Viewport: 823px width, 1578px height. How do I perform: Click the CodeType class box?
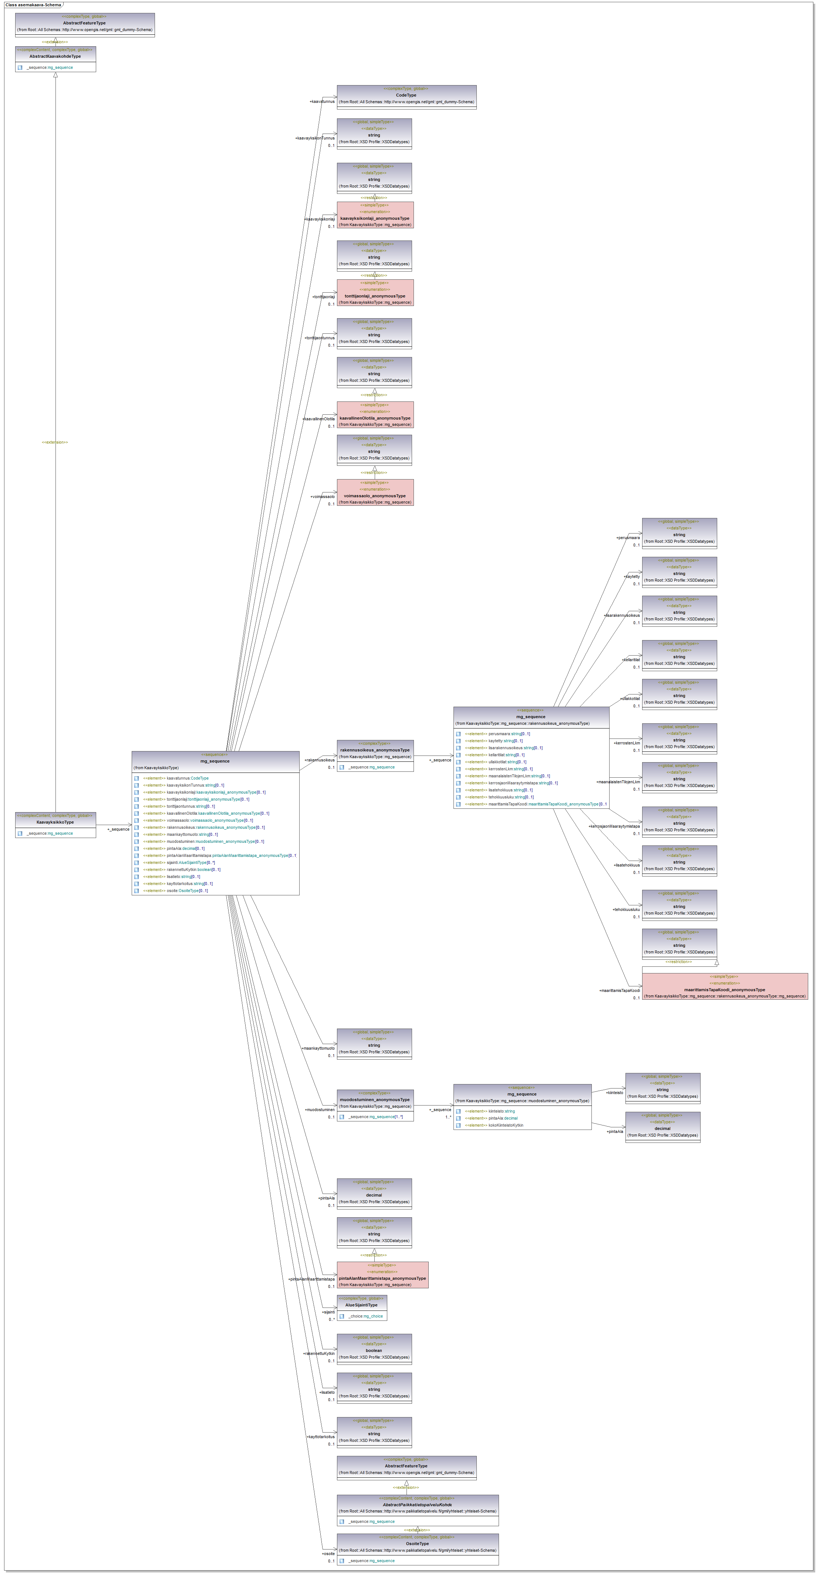click(x=406, y=97)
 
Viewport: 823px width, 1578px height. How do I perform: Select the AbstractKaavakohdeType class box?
click(x=55, y=59)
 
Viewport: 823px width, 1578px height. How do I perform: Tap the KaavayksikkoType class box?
click(x=55, y=825)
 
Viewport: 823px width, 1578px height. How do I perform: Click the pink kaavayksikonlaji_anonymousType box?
click(x=375, y=215)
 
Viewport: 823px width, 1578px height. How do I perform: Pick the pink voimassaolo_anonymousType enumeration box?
click(x=375, y=492)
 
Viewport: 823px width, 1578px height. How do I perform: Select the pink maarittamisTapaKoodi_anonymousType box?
click(x=724, y=986)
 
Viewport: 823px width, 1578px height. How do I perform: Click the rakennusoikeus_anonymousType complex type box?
click(x=375, y=755)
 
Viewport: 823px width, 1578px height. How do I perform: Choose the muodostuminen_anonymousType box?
click(x=375, y=1105)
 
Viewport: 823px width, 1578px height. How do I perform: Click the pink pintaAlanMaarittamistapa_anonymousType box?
click(x=382, y=1275)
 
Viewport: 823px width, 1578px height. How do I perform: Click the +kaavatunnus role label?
click(x=322, y=102)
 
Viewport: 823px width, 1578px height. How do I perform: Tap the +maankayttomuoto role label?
click(x=318, y=1048)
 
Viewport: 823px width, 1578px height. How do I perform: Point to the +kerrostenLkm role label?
click(x=627, y=743)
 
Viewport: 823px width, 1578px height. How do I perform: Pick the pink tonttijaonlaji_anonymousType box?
click(x=375, y=293)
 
